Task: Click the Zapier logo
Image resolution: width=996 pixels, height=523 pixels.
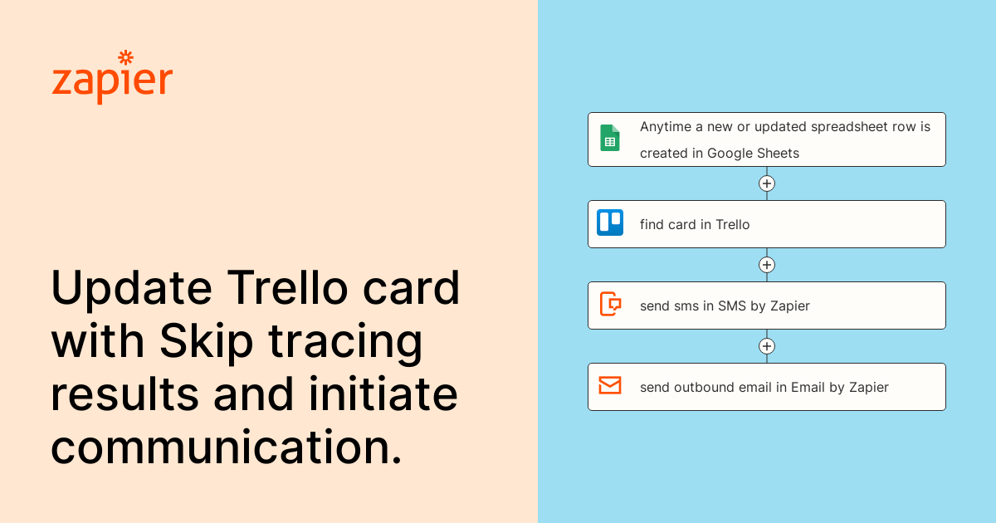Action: point(113,78)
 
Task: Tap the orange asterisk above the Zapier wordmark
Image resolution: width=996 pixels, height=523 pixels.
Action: point(126,57)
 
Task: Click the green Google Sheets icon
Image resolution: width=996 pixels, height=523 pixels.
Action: point(610,138)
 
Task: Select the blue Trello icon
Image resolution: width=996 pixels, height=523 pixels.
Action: point(610,222)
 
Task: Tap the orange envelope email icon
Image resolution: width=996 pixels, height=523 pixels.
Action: point(610,385)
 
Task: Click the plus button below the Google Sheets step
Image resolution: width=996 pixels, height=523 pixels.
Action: point(767,183)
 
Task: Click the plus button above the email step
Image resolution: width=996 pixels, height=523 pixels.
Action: point(767,346)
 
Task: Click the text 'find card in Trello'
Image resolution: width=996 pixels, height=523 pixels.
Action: point(695,225)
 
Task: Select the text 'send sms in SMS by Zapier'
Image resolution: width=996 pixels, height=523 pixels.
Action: point(725,306)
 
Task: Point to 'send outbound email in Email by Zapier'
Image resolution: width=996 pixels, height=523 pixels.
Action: point(764,388)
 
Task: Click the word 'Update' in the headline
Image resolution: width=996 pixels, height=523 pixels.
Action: point(132,288)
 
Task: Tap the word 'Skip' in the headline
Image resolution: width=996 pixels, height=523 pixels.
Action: point(207,341)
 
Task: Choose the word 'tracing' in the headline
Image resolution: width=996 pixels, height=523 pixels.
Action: point(345,341)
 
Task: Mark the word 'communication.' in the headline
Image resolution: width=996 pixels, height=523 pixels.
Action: point(227,447)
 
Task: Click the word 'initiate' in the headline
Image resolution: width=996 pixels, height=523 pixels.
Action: point(383,393)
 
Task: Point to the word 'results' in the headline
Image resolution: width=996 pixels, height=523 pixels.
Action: point(125,393)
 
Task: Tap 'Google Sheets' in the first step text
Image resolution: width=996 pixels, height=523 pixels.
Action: point(754,154)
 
